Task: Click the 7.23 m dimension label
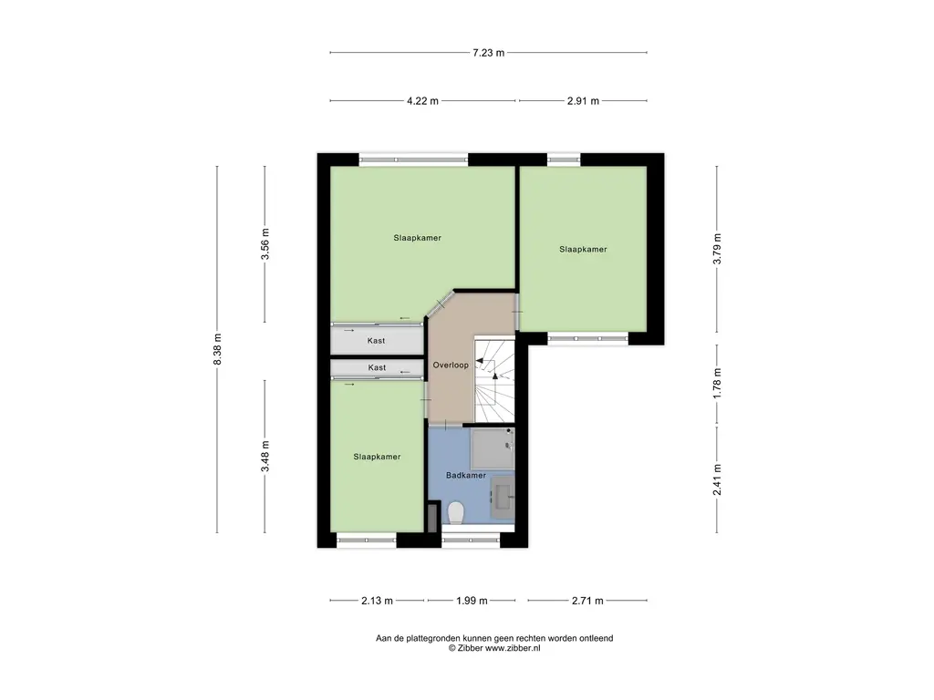coord(488,53)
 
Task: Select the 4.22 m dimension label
coord(422,101)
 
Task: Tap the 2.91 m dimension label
coord(583,101)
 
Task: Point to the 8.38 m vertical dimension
coord(217,349)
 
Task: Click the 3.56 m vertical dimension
coord(265,244)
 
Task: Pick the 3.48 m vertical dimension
coord(265,456)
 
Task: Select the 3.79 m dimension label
coord(718,249)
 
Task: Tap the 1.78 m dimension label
coord(718,384)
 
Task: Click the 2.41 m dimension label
coord(718,480)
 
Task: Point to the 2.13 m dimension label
coord(376,601)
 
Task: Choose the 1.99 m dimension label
coord(471,601)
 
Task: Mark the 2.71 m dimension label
coord(587,601)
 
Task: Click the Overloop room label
coord(451,365)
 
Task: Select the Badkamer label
coord(465,476)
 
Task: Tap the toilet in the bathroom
coord(457,514)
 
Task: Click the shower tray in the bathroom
coord(493,448)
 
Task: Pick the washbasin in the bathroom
coord(503,497)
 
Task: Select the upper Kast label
coord(376,341)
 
